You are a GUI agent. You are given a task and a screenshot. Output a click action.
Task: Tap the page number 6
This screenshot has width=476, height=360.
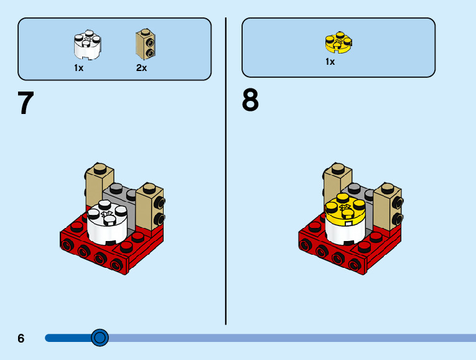21,338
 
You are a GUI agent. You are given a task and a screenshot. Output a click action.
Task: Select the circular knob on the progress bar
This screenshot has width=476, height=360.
100,338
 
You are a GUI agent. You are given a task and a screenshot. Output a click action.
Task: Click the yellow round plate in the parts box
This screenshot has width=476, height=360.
338,42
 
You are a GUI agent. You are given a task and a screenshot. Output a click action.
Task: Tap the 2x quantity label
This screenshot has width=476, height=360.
142,68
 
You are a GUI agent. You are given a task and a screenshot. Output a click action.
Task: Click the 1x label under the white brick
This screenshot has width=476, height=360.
79,68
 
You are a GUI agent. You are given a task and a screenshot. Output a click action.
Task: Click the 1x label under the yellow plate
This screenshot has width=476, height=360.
330,62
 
